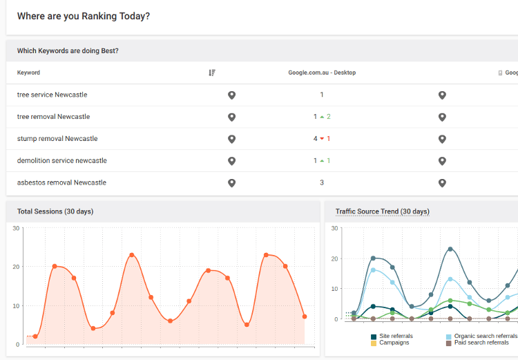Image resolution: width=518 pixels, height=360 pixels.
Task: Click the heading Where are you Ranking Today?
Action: coord(83,16)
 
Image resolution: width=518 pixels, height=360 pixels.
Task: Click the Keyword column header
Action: coord(28,73)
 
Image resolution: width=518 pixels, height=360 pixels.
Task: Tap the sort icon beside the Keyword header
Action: coord(212,73)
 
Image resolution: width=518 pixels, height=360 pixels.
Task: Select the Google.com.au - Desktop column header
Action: coord(322,73)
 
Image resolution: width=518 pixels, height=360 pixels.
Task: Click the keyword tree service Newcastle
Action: coord(52,95)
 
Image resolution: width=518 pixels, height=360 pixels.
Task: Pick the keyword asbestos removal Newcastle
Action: coord(61,183)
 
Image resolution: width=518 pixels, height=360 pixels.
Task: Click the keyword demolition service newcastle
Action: coord(61,161)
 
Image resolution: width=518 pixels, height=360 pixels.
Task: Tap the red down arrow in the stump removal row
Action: coord(322,139)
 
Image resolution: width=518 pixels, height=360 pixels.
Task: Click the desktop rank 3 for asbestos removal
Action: coord(322,183)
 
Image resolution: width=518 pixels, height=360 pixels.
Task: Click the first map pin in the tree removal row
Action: coord(232,117)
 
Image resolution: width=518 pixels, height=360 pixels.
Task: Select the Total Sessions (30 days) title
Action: coord(55,211)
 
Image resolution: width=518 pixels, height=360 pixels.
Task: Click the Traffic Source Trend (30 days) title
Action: coord(383,211)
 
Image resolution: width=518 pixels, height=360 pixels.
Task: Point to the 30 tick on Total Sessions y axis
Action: coord(17,228)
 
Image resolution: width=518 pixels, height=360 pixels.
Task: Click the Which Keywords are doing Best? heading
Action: coord(68,50)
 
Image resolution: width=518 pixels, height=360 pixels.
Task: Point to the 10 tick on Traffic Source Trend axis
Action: coord(334,289)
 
